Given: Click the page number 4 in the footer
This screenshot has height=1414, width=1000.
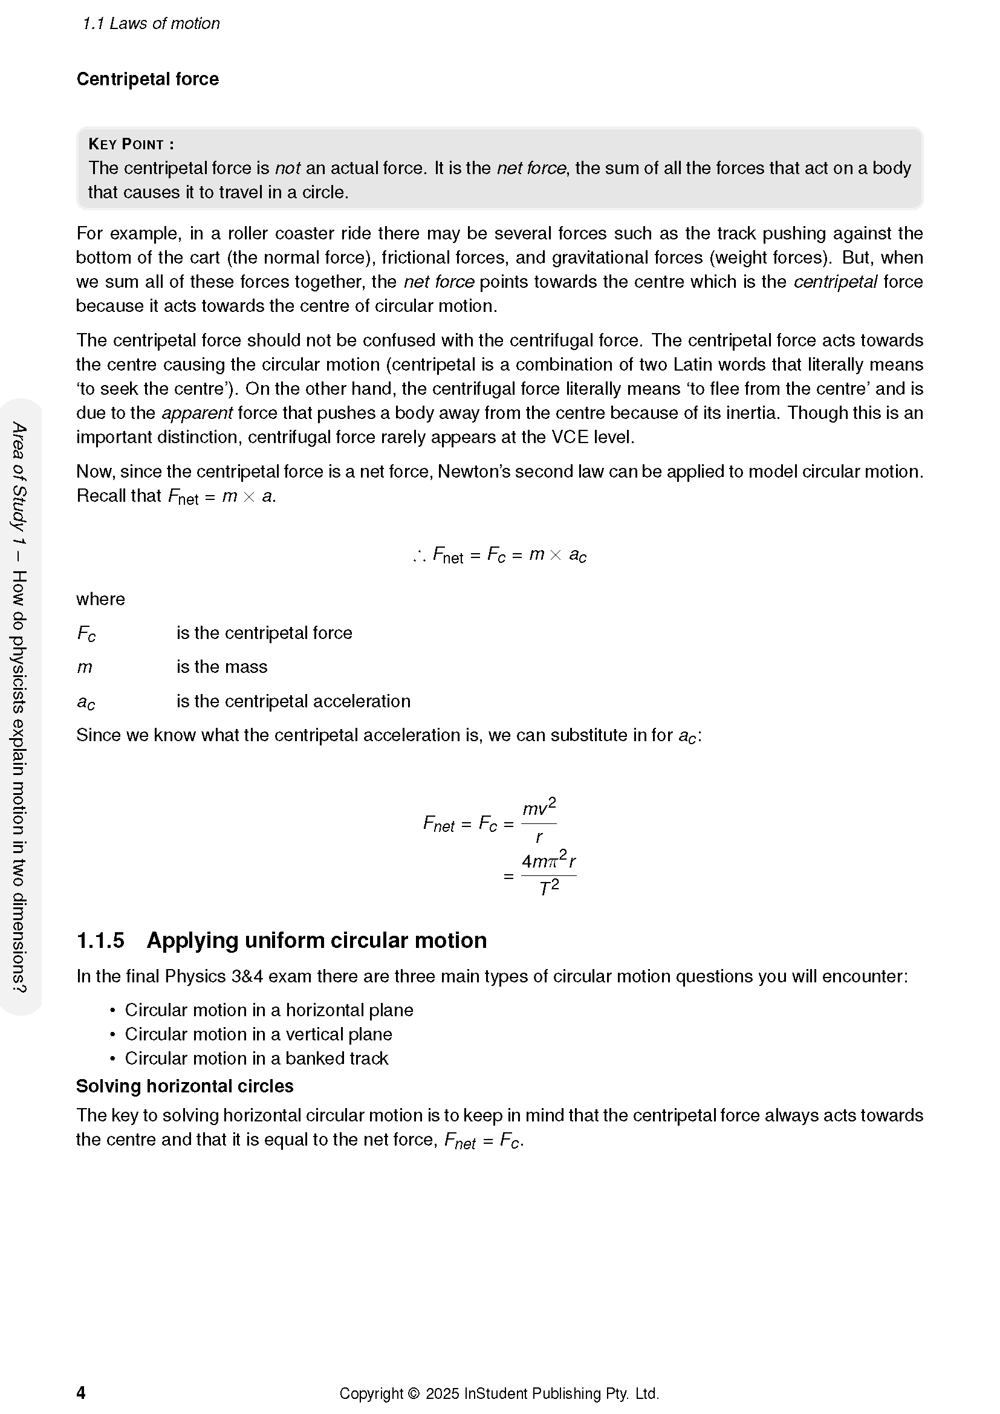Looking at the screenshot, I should pyautogui.click(x=80, y=1392).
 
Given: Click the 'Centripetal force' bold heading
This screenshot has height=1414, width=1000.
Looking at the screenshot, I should pyautogui.click(x=147, y=79).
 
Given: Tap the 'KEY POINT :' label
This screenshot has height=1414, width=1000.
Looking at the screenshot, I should pyautogui.click(x=131, y=144).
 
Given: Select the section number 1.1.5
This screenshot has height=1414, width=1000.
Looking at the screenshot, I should pyautogui.click(x=100, y=941).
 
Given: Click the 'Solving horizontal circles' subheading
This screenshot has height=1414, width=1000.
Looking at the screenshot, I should pyautogui.click(x=185, y=1086).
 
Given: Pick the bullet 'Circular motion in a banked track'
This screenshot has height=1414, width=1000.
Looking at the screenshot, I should pyautogui.click(x=256, y=1058).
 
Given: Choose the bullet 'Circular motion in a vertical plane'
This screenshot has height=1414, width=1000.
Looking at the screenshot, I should pyautogui.click(x=258, y=1034).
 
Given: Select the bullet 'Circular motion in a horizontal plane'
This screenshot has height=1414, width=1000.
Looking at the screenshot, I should pyautogui.click(x=269, y=1010).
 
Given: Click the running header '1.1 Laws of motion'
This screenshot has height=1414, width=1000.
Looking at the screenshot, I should pyautogui.click(x=151, y=24).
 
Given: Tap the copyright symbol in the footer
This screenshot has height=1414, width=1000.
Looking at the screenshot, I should pyautogui.click(x=413, y=1393).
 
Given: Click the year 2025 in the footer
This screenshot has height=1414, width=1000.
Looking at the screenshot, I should pyautogui.click(x=442, y=1393).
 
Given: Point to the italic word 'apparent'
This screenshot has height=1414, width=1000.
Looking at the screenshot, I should pyautogui.click(x=197, y=413).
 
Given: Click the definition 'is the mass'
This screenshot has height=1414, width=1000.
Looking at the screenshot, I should pyautogui.click(x=222, y=667).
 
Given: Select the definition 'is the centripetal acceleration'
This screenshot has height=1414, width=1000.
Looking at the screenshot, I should pyautogui.click(x=293, y=701).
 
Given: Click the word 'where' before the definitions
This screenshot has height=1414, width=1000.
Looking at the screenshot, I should pyautogui.click(x=100, y=599).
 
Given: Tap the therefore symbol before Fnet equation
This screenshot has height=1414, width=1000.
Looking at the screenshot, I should pyautogui.click(x=420, y=556).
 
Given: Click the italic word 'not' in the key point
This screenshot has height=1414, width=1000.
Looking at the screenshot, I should pyautogui.click(x=287, y=168).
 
